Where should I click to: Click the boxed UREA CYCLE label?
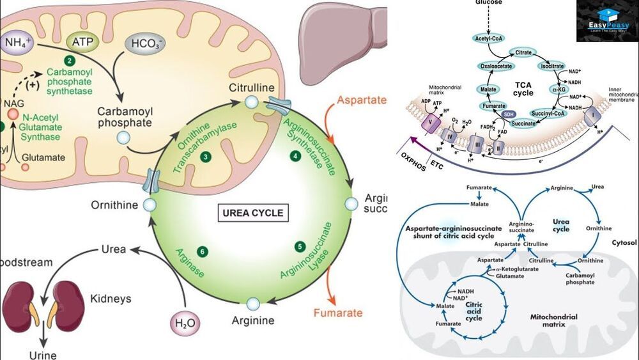click(252, 213)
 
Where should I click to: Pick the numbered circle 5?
click(299, 246)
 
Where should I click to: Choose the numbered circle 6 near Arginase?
click(203, 250)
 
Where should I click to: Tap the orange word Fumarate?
click(337, 313)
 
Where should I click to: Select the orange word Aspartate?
click(362, 100)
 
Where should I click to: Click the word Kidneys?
click(111, 299)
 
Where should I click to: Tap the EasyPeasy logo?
click(607, 22)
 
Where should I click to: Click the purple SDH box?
click(509, 113)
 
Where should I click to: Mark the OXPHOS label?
click(413, 155)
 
